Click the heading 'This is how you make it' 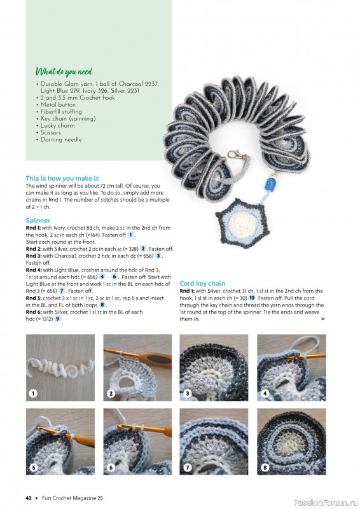[62, 178]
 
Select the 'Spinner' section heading [38, 220]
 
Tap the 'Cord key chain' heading [202, 283]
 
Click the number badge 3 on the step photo [188, 394]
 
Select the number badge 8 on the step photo [265, 468]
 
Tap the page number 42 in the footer [29, 498]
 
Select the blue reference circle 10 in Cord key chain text [252, 297]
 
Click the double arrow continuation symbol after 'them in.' [322, 319]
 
